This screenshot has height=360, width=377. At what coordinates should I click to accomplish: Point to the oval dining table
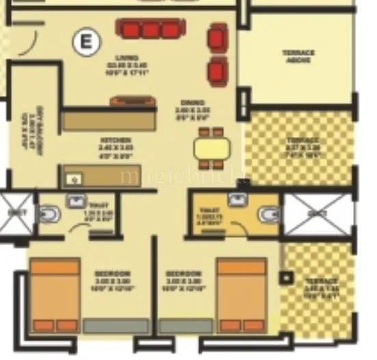tap(211, 148)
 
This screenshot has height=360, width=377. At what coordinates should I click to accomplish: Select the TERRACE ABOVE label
tap(298, 55)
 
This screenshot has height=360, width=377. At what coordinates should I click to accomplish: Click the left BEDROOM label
tap(113, 278)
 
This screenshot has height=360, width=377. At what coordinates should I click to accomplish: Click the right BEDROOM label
tap(183, 278)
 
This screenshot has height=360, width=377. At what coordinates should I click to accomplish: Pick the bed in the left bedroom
tap(55, 295)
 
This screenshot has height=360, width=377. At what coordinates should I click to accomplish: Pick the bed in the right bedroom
tap(241, 295)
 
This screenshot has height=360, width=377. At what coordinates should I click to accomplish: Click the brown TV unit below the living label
tap(133, 101)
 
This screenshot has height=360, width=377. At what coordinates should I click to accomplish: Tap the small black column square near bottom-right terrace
tap(286, 279)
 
